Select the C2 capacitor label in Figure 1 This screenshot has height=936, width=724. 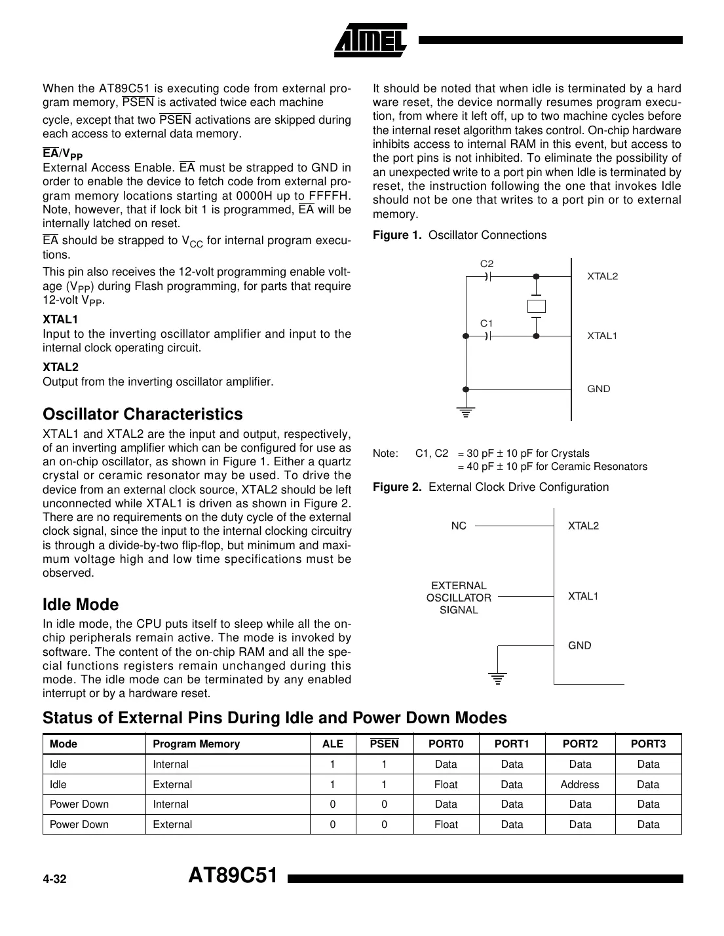[487, 264]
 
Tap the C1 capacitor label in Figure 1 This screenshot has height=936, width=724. [487, 323]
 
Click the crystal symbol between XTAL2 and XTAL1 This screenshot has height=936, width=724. [536, 306]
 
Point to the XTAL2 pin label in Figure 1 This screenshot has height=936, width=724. [602, 276]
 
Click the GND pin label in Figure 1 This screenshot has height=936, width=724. [598, 389]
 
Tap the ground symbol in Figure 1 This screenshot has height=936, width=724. [466, 412]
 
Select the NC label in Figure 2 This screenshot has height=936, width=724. [459, 526]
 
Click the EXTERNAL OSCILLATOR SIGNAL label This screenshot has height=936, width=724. [459, 598]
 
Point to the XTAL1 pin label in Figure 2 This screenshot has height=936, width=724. [583, 596]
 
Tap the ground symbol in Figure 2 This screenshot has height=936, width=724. [498, 677]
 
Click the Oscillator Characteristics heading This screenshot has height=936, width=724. [142, 414]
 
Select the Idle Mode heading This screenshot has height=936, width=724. [81, 604]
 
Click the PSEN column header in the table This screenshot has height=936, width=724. [384, 744]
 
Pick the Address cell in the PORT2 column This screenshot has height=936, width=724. [580, 784]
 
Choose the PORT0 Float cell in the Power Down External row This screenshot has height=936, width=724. [446, 824]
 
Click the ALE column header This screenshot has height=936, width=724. [333, 744]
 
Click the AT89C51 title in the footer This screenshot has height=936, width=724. [233, 876]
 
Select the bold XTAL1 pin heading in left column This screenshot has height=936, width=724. [60, 319]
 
